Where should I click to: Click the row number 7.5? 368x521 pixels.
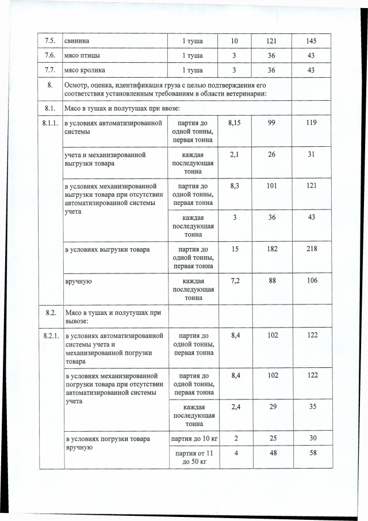[x=49, y=41]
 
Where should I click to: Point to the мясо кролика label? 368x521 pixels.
[x=86, y=70]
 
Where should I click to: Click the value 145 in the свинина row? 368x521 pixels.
[x=312, y=41]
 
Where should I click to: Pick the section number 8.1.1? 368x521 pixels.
[x=50, y=123]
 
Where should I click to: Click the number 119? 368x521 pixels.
[x=312, y=123]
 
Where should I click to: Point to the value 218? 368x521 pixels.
[x=312, y=249]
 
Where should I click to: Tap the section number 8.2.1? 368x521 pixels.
[x=50, y=335]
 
